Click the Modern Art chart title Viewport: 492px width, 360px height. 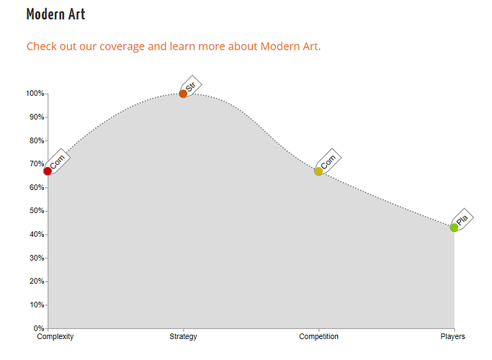[x=56, y=14]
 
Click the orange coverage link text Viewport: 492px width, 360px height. [x=174, y=46]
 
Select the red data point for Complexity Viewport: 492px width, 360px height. [x=48, y=171]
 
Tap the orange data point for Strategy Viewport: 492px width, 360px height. [x=183, y=94]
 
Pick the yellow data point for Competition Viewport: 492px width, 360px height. [x=318, y=171]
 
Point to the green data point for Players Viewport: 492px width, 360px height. [x=454, y=228]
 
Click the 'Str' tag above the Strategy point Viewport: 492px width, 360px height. [x=191, y=86]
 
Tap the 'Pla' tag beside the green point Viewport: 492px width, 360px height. [x=462, y=220]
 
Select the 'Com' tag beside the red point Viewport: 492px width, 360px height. [x=58, y=161]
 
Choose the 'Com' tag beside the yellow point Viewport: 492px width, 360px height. [x=328, y=161]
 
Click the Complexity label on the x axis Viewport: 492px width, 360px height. [x=55, y=336]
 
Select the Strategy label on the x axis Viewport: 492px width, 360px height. [x=183, y=336]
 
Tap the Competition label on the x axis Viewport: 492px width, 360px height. [x=319, y=336]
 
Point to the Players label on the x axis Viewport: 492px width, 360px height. [x=453, y=336]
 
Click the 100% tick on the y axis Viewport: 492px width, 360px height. [x=35, y=94]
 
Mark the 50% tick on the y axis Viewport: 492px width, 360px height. [x=37, y=211]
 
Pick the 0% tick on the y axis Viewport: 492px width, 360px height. [x=39, y=328]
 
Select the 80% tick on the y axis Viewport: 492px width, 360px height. [x=37, y=140]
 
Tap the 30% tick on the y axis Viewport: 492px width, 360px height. [x=37, y=258]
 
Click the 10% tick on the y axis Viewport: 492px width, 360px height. [x=37, y=305]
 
